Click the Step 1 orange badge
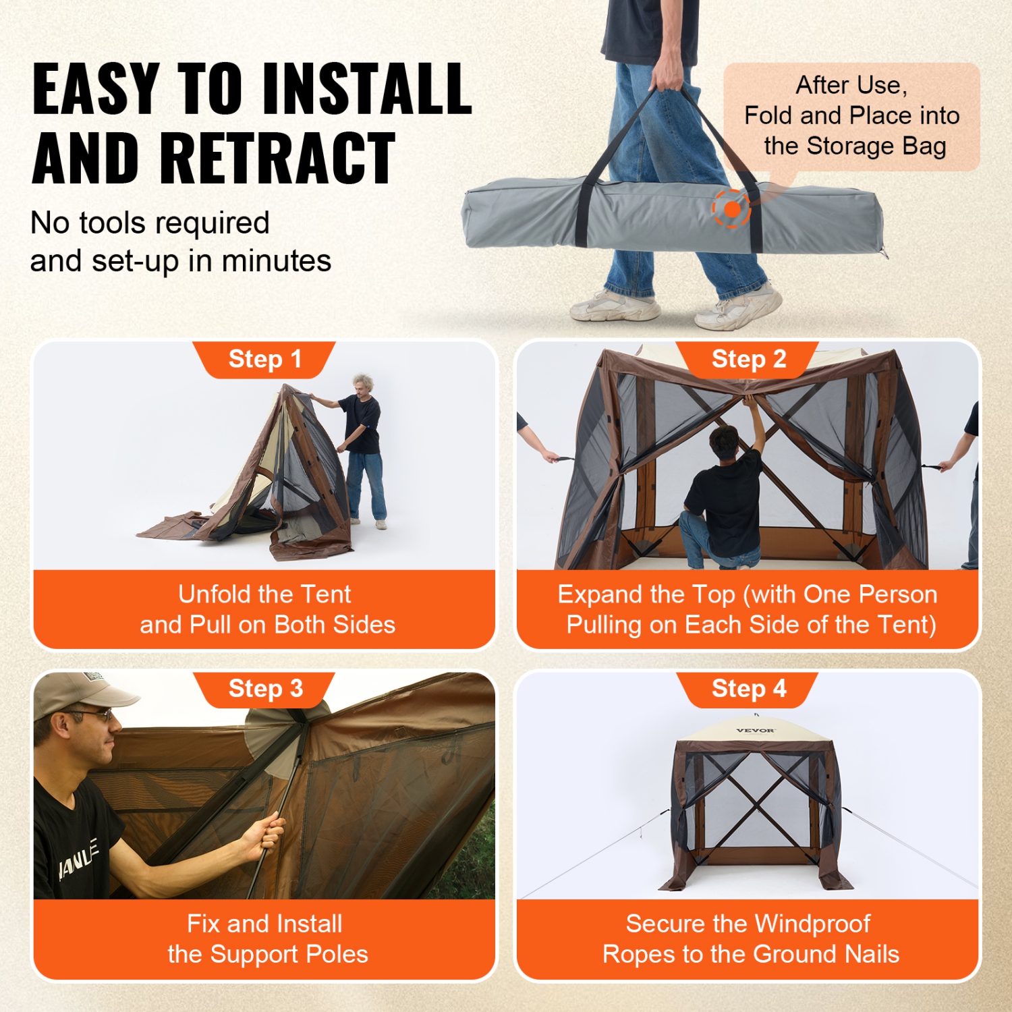[x=264, y=359]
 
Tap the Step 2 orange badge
[x=748, y=359]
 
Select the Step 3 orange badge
[x=265, y=689]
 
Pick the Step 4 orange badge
[x=748, y=689]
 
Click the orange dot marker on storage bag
[x=732, y=209]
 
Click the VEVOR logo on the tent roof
[x=755, y=731]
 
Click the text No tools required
[x=150, y=223]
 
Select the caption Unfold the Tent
[x=264, y=594]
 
